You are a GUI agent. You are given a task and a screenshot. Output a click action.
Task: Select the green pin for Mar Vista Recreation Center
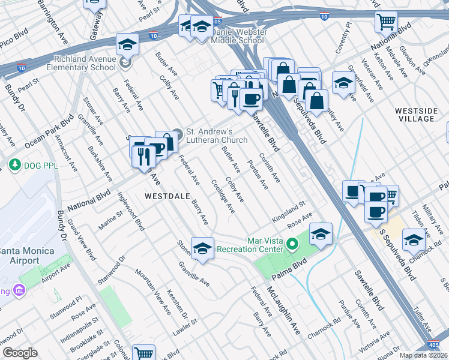click(292, 244)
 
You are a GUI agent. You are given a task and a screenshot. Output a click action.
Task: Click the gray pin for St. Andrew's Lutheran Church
click(177, 133)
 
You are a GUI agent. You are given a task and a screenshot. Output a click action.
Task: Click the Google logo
click(20, 353)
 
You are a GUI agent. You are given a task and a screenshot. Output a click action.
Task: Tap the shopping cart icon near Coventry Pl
click(386, 22)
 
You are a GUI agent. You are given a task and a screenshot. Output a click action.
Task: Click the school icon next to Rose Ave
click(321, 234)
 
